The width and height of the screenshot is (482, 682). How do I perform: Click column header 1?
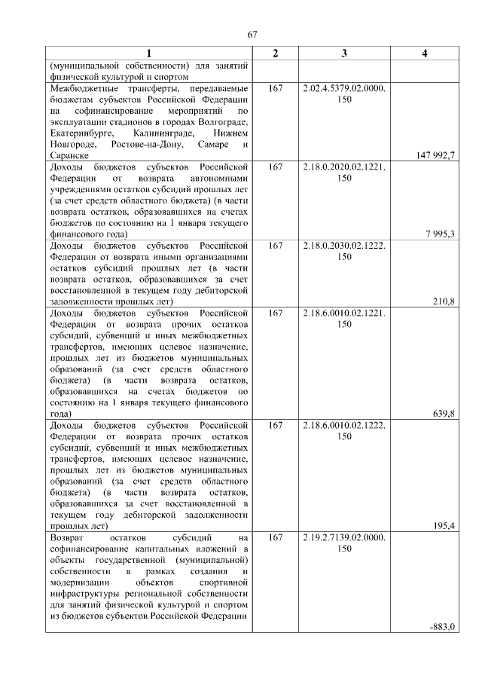pyautogui.click(x=148, y=53)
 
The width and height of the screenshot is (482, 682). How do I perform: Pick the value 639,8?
pyautogui.click(x=443, y=414)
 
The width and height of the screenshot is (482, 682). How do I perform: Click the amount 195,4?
pyautogui.click(x=443, y=526)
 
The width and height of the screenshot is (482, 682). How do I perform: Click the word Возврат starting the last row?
pyautogui.click(x=68, y=537)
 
